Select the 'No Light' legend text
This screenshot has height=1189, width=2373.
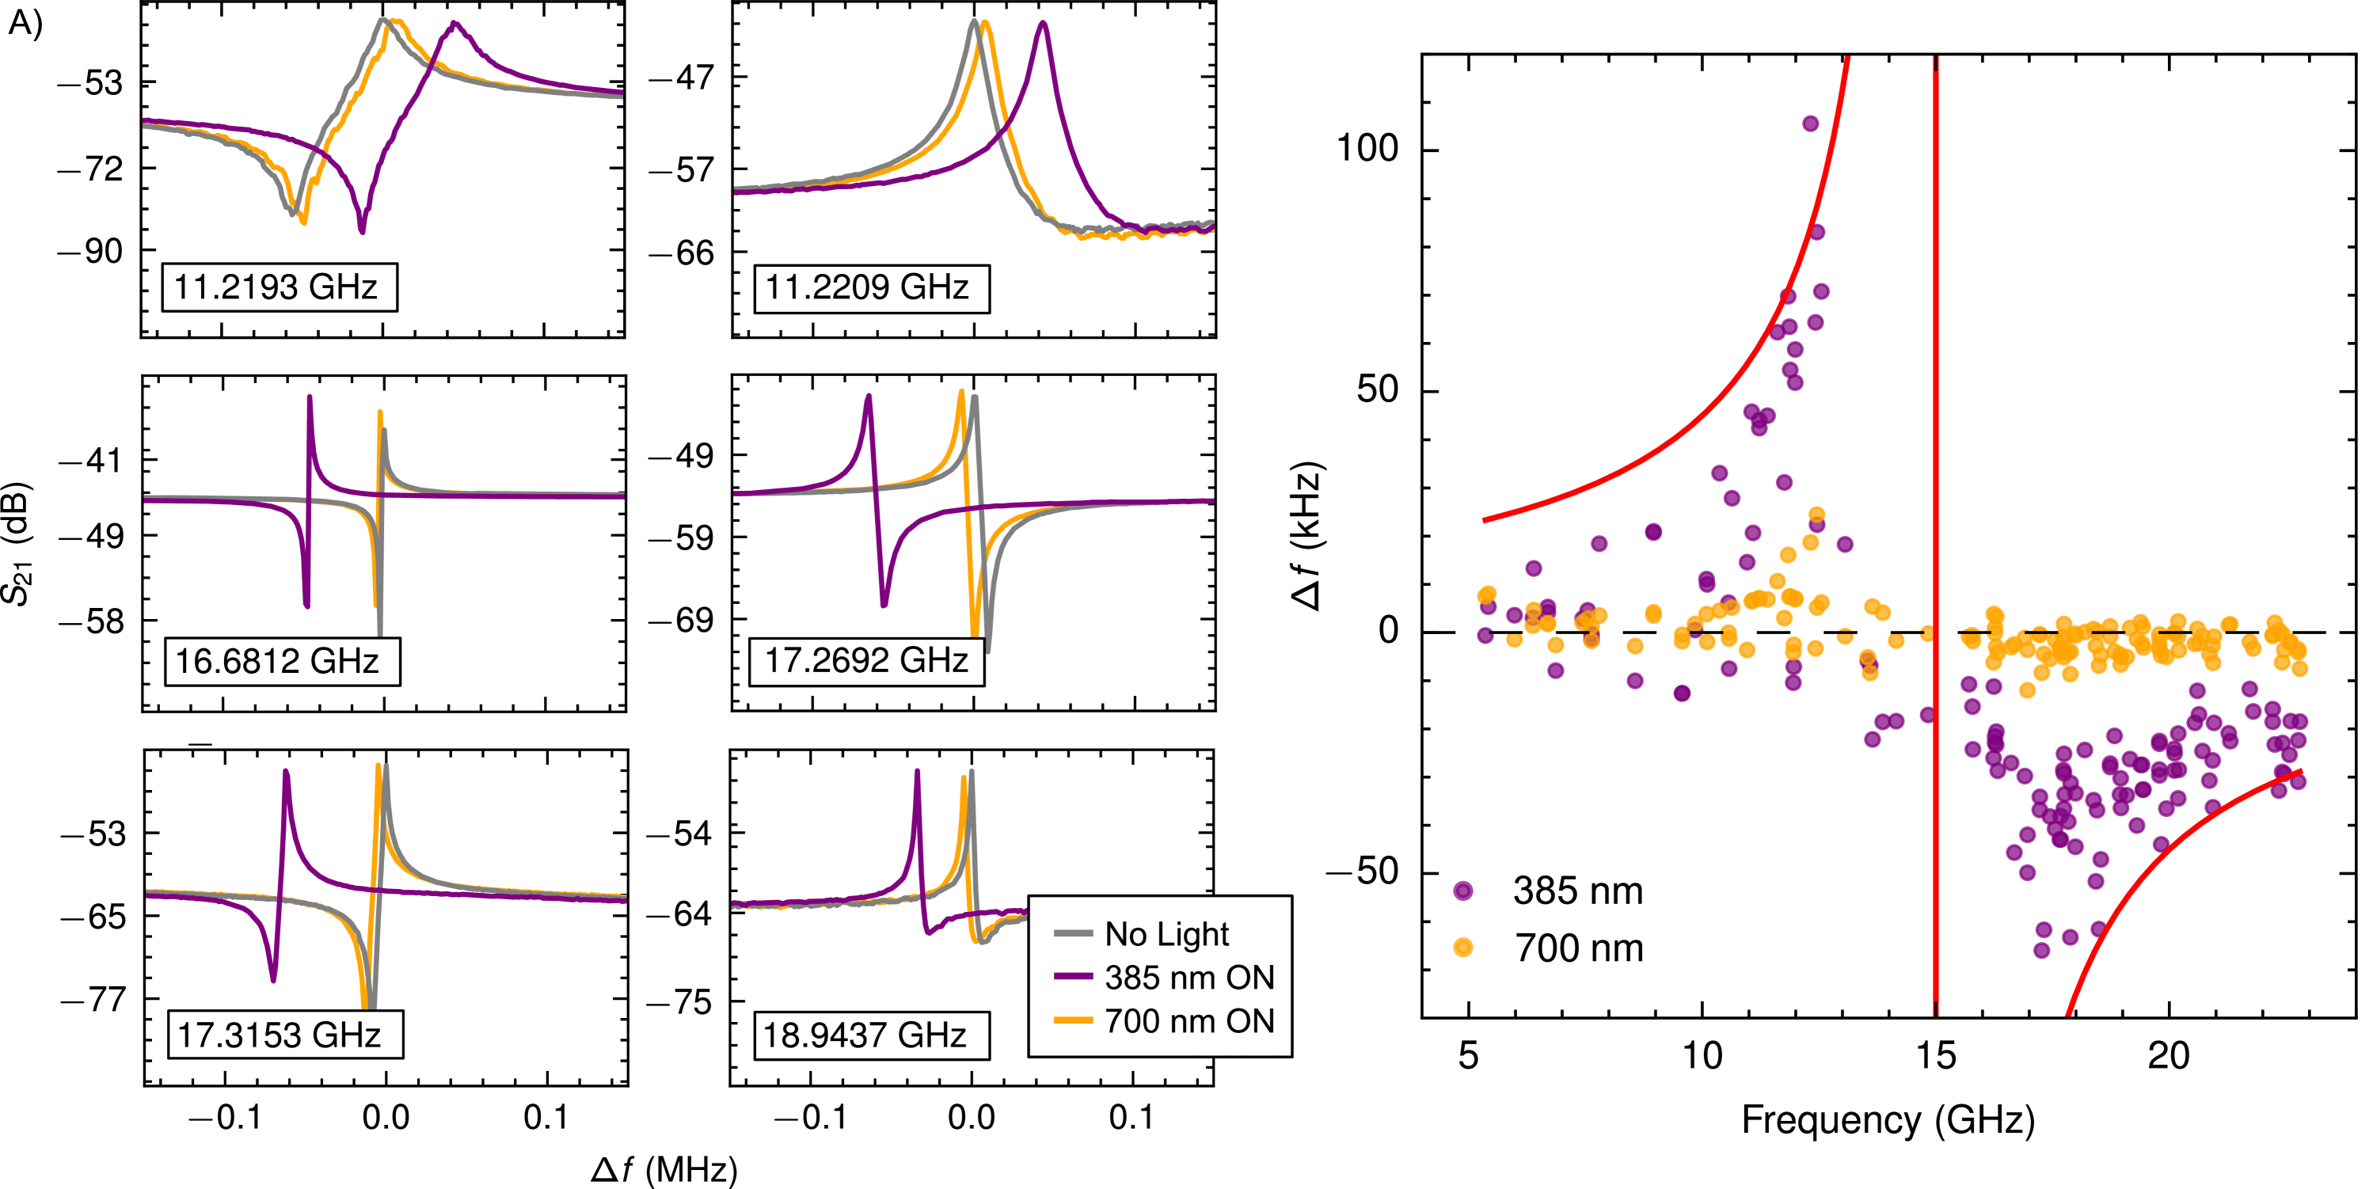pyautogui.click(x=1166, y=934)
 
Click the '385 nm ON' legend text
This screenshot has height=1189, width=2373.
pyautogui.click(x=1189, y=977)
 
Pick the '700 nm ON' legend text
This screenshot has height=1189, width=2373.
pyautogui.click(x=1189, y=1020)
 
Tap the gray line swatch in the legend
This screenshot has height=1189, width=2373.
pyautogui.click(x=1072, y=934)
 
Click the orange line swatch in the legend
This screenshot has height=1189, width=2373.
pyautogui.click(x=1072, y=1020)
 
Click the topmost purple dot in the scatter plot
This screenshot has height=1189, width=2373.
pyautogui.click(x=1810, y=123)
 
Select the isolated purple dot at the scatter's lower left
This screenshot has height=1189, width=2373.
pyautogui.click(x=1463, y=891)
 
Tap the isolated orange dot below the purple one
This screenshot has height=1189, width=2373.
pyautogui.click(x=1463, y=947)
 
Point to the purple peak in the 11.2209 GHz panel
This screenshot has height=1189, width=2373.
pyautogui.click(x=1043, y=24)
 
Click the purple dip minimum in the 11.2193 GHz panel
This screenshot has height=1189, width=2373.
pyautogui.click(x=362, y=230)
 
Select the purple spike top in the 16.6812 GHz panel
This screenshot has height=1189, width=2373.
pyautogui.click(x=310, y=398)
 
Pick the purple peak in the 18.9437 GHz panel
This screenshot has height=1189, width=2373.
pyautogui.click(x=918, y=772)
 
